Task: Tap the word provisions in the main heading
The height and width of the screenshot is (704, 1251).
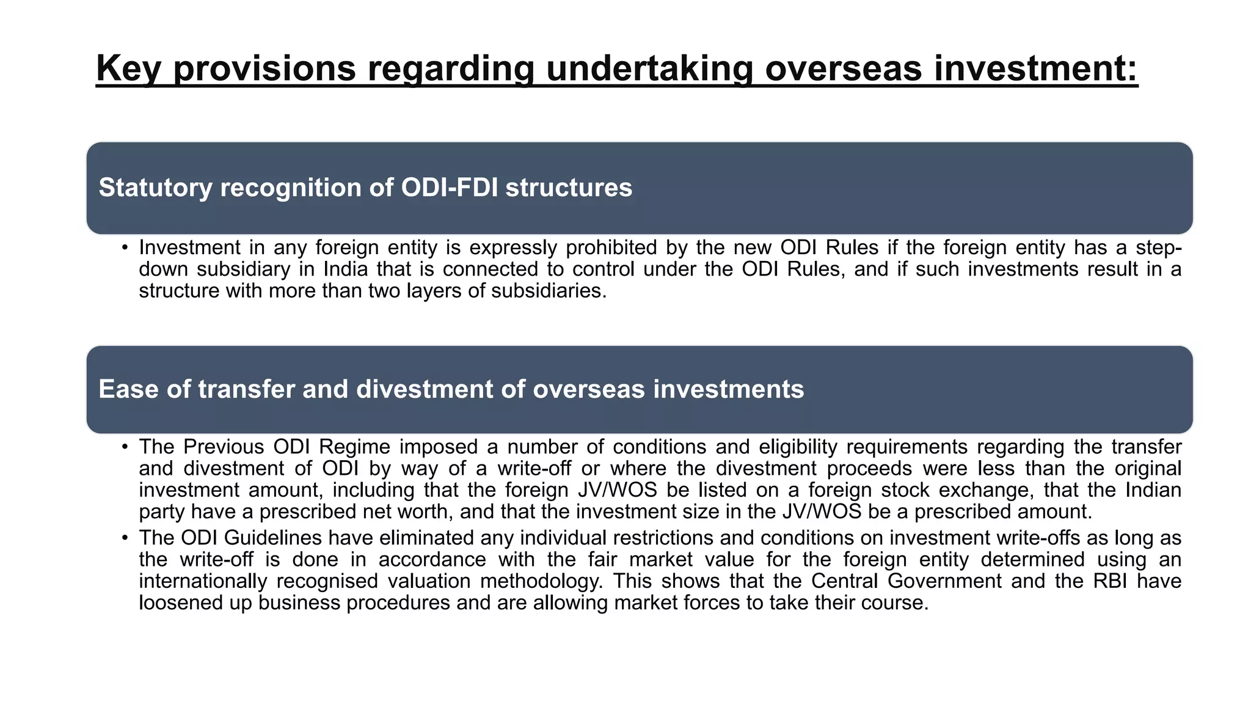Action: [x=264, y=68]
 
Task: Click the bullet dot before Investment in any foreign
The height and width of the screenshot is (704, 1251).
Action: [x=125, y=248]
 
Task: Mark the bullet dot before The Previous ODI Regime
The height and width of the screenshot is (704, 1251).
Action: [x=125, y=447]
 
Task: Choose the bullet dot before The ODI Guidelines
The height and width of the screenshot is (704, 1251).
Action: [x=125, y=538]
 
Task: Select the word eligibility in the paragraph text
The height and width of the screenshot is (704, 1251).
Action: [x=798, y=447]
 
